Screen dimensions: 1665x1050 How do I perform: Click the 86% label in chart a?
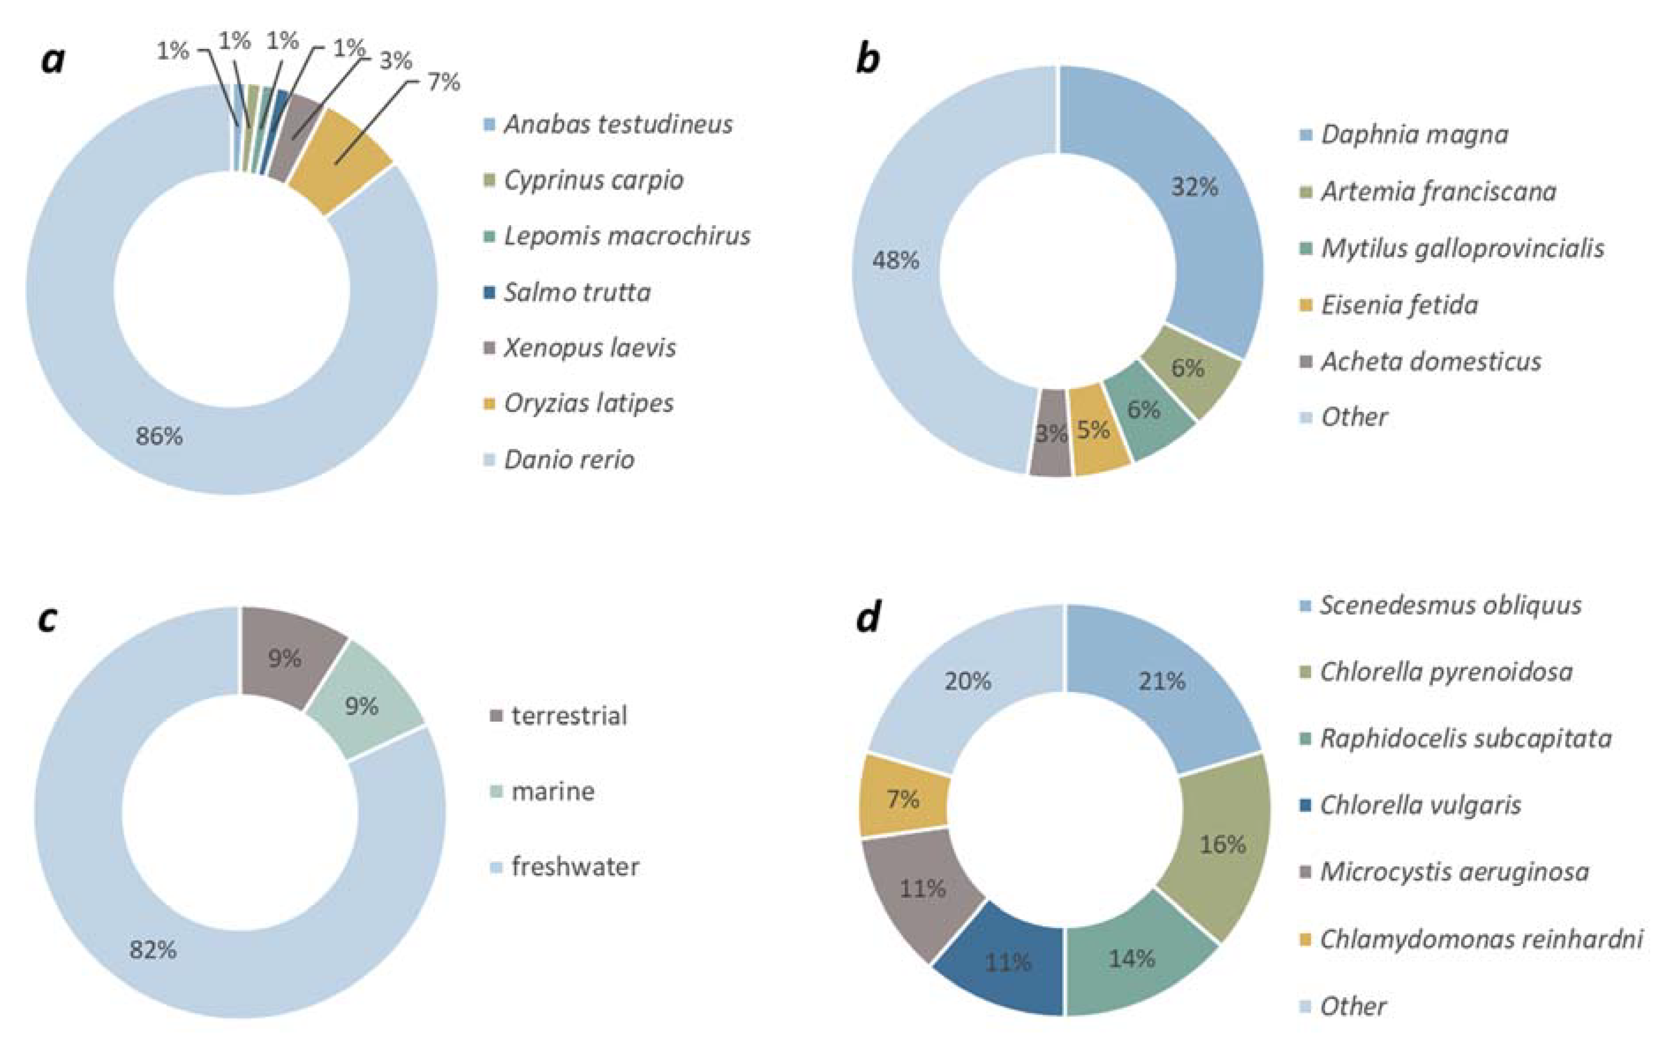pyautogui.click(x=159, y=436)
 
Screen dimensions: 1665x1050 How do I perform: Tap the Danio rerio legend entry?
pyautogui.click(x=568, y=459)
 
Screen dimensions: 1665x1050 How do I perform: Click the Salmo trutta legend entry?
pyautogui.click(x=577, y=292)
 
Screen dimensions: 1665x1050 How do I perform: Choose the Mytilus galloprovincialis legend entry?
pyautogui.click(x=1462, y=248)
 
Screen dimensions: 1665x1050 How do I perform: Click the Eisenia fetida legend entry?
pyautogui.click(x=1399, y=305)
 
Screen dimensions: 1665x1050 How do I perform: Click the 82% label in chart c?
pyautogui.click(x=153, y=950)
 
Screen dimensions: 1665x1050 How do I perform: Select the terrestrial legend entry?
pyautogui.click(x=568, y=715)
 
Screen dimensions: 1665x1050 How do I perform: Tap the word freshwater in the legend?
pyautogui.click(x=574, y=866)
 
